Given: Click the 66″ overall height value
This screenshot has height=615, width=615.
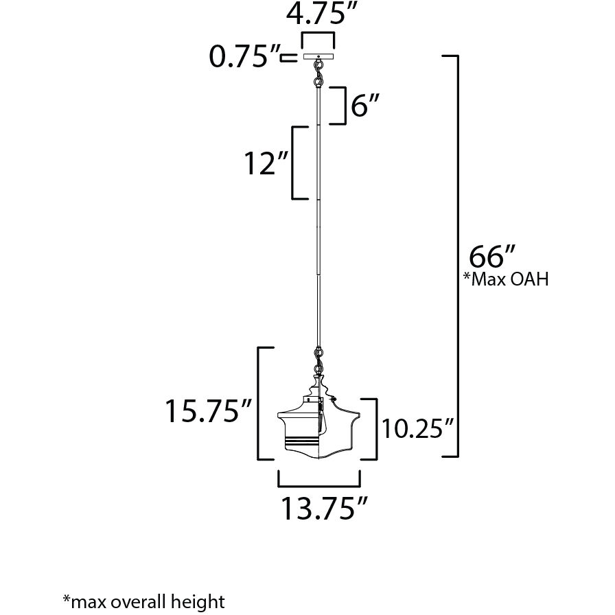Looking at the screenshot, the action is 492,257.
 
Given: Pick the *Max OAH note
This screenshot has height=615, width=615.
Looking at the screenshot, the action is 506,279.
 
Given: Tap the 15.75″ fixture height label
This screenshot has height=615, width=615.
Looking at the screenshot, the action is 207,410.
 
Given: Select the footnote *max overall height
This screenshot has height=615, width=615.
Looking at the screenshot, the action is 144,602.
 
